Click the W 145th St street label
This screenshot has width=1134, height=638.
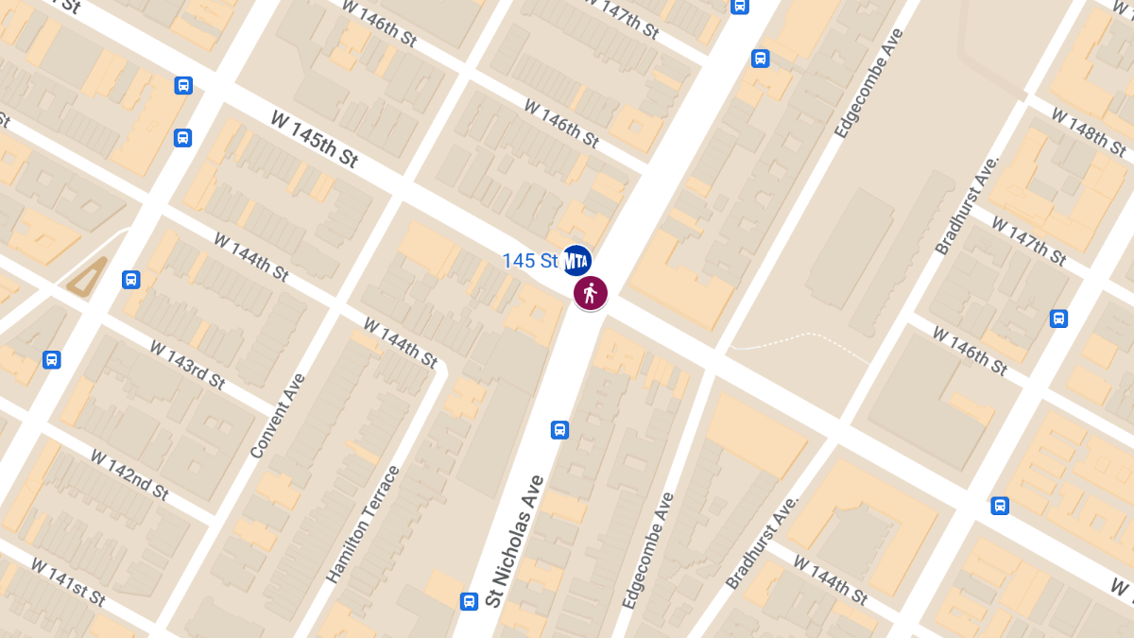point(315,139)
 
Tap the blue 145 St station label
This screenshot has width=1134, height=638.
point(530,261)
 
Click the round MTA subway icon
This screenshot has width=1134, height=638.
point(576,261)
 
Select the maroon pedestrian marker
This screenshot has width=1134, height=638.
point(591,294)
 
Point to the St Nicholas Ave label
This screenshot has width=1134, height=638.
point(515,542)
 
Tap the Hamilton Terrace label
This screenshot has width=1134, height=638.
point(363,524)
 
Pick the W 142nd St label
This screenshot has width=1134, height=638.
point(129,474)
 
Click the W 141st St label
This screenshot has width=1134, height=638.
point(68,582)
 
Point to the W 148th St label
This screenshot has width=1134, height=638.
point(1088,132)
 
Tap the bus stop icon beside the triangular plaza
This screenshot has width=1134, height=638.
point(131,280)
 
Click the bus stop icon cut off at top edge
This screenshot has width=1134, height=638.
point(740,6)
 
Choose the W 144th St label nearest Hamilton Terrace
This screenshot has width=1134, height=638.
point(401,343)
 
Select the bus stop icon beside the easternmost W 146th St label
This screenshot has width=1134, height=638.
point(1059,319)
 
